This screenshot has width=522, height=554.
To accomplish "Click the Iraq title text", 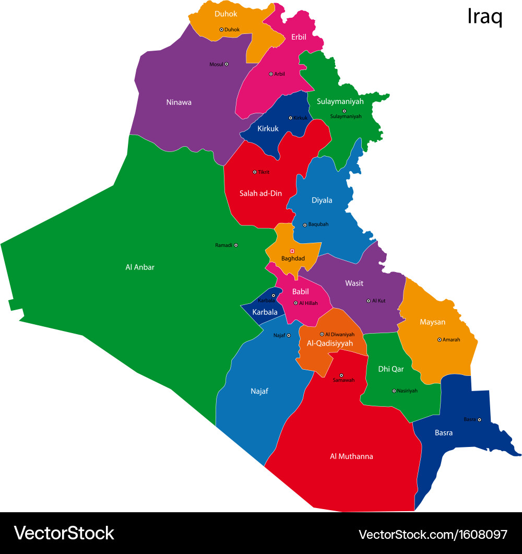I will point(484,17).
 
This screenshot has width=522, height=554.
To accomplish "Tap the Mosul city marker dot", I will point(227,64).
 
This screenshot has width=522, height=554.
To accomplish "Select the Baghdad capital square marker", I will point(292,251).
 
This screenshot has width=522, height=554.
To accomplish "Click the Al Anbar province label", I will point(140,267).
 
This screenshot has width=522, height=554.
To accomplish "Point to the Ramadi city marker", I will point(236,245).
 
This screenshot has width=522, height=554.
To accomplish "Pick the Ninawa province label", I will point(179,102).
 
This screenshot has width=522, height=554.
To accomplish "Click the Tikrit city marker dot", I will point(255,172).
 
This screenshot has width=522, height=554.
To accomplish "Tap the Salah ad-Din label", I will point(260,193).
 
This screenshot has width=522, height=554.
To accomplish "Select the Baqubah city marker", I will point(305,225).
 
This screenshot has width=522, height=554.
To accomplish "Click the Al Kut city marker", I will point(369,301).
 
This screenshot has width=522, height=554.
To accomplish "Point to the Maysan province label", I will point(432,322).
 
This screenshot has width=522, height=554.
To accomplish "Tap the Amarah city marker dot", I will point(440,339).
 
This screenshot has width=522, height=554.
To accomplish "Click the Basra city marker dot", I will point(479,419).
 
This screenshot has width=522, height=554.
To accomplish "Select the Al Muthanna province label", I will point(351,456).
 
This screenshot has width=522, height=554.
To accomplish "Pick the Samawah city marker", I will point(341,375).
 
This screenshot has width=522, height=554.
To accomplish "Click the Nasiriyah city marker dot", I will point(394,391).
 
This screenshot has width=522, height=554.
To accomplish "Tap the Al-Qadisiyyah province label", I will point(330,343).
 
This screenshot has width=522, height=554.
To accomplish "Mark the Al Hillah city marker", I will point(295,303).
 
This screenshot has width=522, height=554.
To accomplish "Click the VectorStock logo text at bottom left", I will point(64,533).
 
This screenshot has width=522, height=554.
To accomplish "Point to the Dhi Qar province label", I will point(391,369).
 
